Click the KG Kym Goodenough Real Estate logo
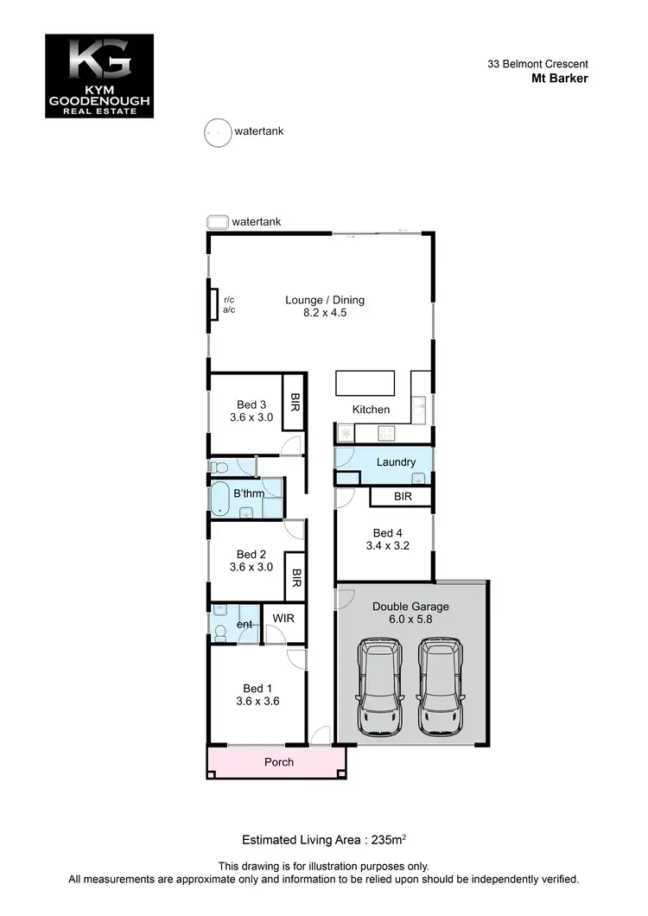pos(98,76)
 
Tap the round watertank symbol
pos(217,133)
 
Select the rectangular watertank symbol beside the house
pos(217,222)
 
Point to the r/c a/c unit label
pos(229,305)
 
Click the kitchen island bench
pos(365,382)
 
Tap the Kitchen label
pos(371,410)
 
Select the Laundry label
pos(396,462)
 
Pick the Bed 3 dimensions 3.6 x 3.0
pos(251,417)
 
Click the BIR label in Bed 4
pos(402,497)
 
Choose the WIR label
pos(283,619)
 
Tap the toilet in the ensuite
pos(219,634)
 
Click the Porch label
pos(278,762)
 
